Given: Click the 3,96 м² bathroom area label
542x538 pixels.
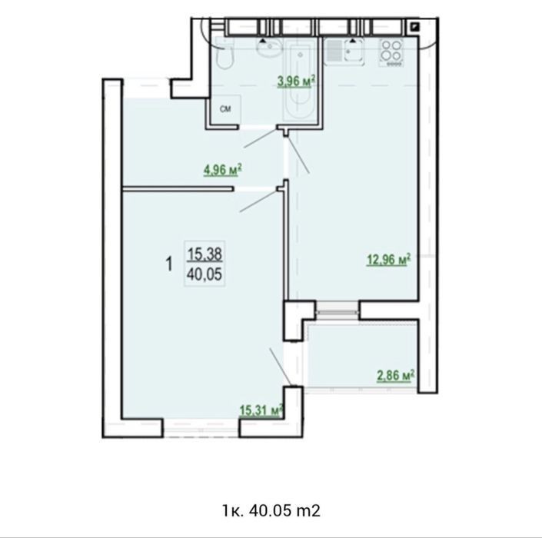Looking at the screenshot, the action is point(296,81).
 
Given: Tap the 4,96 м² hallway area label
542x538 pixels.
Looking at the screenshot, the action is point(222,170).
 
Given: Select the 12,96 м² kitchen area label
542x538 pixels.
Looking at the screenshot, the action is point(388,259).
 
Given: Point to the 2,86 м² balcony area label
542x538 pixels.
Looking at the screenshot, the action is point(395,376).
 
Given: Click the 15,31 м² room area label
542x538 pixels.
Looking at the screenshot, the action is point(261,410).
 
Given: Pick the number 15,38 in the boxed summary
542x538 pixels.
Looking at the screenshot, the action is point(204,254).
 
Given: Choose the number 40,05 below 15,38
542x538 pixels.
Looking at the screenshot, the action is point(204,274).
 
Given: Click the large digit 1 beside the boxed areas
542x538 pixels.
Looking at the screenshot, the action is point(169,264).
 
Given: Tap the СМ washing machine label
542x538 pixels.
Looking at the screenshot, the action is point(225,109).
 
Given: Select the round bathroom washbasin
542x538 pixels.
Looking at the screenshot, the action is point(269,48).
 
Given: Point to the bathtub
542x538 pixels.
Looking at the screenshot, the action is point(300,79).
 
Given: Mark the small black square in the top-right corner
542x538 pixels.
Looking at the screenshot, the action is point(414,27).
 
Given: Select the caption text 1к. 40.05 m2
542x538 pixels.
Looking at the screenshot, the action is point(271,510).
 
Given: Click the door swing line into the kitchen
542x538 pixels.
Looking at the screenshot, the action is point(298,154).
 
